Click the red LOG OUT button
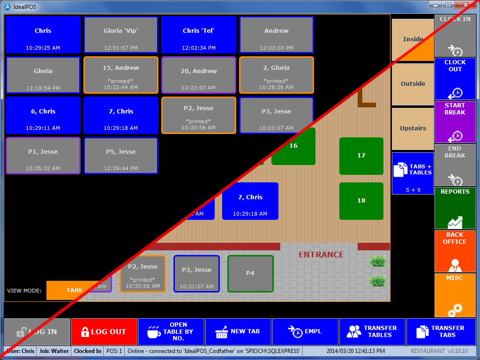(x=104, y=331)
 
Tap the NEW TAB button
(x=239, y=331)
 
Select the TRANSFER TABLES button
(x=372, y=331)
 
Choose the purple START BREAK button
(x=455, y=121)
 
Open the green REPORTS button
(x=455, y=208)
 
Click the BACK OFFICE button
(x=455, y=251)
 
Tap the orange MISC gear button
(x=455, y=295)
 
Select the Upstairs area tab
(x=413, y=128)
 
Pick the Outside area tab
(x=413, y=84)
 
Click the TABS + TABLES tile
(x=413, y=173)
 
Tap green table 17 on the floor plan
(x=361, y=156)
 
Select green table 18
(x=361, y=201)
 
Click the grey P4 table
(x=250, y=273)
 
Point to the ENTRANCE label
(x=321, y=255)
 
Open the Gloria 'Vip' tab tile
(x=120, y=35)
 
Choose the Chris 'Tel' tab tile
(x=199, y=35)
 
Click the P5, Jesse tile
(x=120, y=156)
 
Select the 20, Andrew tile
(x=199, y=75)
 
